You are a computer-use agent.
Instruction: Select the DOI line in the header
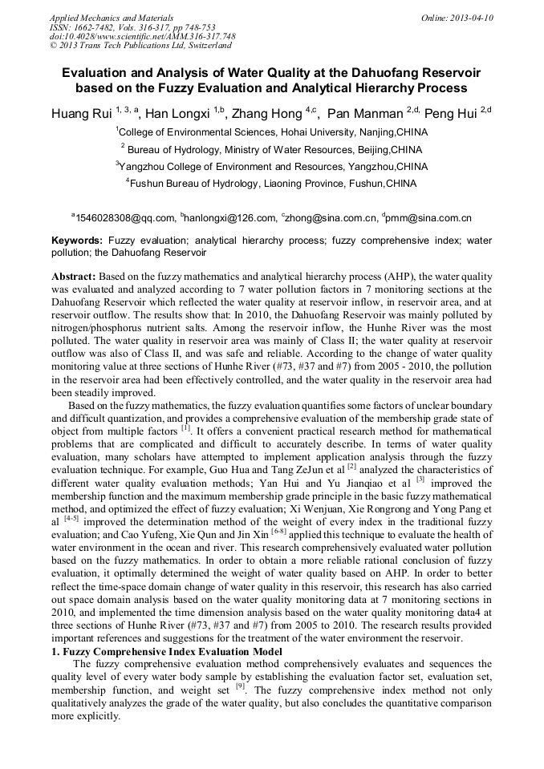click(142, 36)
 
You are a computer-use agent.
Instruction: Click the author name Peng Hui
click(449, 114)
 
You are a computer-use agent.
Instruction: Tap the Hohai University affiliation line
click(273, 132)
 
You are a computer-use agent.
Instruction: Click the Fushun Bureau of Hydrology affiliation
click(273, 183)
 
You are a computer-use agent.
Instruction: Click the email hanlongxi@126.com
click(230, 217)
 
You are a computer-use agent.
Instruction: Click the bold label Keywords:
click(77, 240)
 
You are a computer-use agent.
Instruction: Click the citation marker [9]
click(240, 686)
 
